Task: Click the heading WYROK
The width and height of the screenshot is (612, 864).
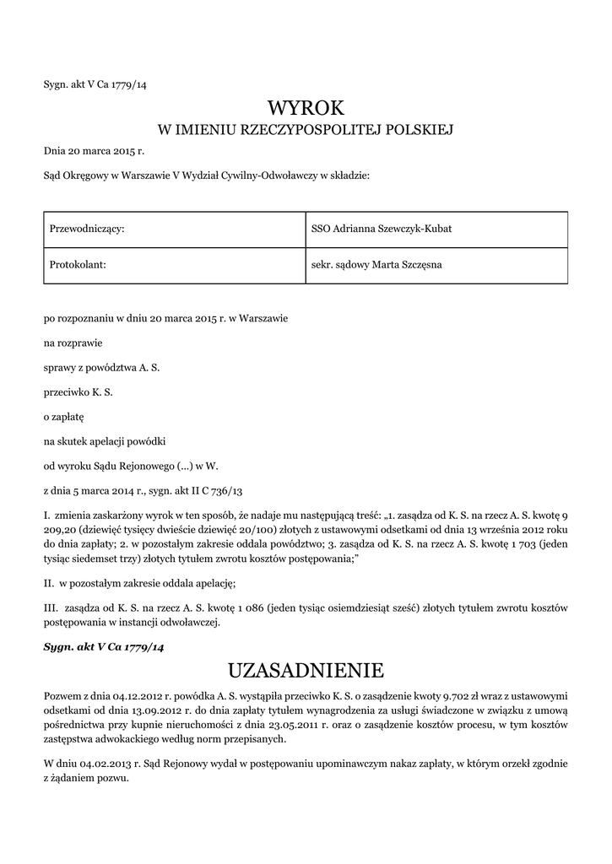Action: (306, 108)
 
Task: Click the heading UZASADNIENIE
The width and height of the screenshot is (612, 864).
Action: (306, 670)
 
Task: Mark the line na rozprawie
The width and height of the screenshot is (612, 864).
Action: (73, 343)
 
